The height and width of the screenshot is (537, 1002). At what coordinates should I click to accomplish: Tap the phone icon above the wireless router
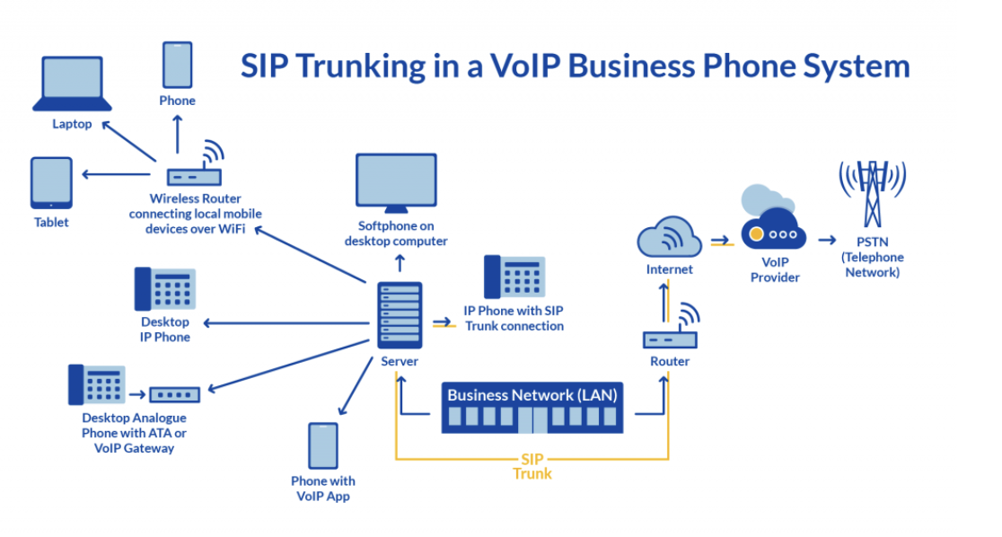(177, 64)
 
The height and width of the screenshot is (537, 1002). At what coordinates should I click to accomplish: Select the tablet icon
(51, 182)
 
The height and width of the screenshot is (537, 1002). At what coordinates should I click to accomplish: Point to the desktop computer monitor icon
(396, 183)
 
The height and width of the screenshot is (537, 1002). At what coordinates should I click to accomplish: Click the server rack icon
(398, 315)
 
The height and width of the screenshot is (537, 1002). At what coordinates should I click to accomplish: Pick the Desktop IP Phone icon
(165, 289)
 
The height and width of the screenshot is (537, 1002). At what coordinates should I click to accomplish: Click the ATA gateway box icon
(175, 393)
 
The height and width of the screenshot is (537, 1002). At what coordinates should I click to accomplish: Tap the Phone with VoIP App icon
(322, 446)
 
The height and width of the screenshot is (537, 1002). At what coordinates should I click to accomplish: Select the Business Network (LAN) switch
(532, 409)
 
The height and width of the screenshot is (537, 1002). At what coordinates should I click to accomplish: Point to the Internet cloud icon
(669, 238)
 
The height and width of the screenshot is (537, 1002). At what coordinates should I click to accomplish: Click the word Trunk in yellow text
(532, 473)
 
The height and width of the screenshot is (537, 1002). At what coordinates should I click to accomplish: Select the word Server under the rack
(400, 361)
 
